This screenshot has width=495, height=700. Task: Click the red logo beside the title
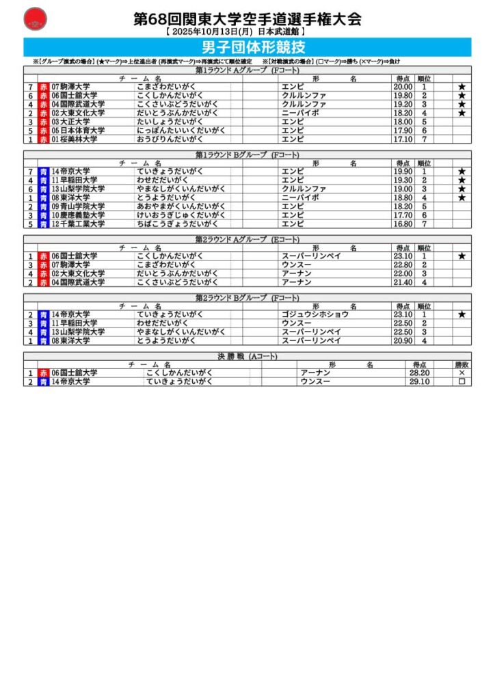click(35, 19)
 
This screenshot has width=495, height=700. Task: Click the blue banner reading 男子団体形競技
click(247, 47)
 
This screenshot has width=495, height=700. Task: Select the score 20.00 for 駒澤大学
click(403, 87)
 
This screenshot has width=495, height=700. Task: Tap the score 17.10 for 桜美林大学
click(403, 139)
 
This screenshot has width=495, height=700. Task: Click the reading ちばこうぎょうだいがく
click(177, 224)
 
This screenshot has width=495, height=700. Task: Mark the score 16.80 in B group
click(403, 224)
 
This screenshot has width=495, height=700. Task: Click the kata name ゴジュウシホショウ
click(315, 314)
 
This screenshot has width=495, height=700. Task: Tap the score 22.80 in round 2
click(403, 265)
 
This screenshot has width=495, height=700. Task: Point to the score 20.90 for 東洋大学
click(403, 340)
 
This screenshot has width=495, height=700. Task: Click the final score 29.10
click(419, 381)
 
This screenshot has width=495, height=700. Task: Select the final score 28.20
click(419, 373)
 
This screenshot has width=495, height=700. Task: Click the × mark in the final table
click(461, 373)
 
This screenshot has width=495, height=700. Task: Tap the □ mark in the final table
click(461, 381)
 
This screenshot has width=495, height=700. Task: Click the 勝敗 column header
click(461, 364)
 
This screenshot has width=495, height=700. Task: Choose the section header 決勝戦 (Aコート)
click(247, 356)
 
